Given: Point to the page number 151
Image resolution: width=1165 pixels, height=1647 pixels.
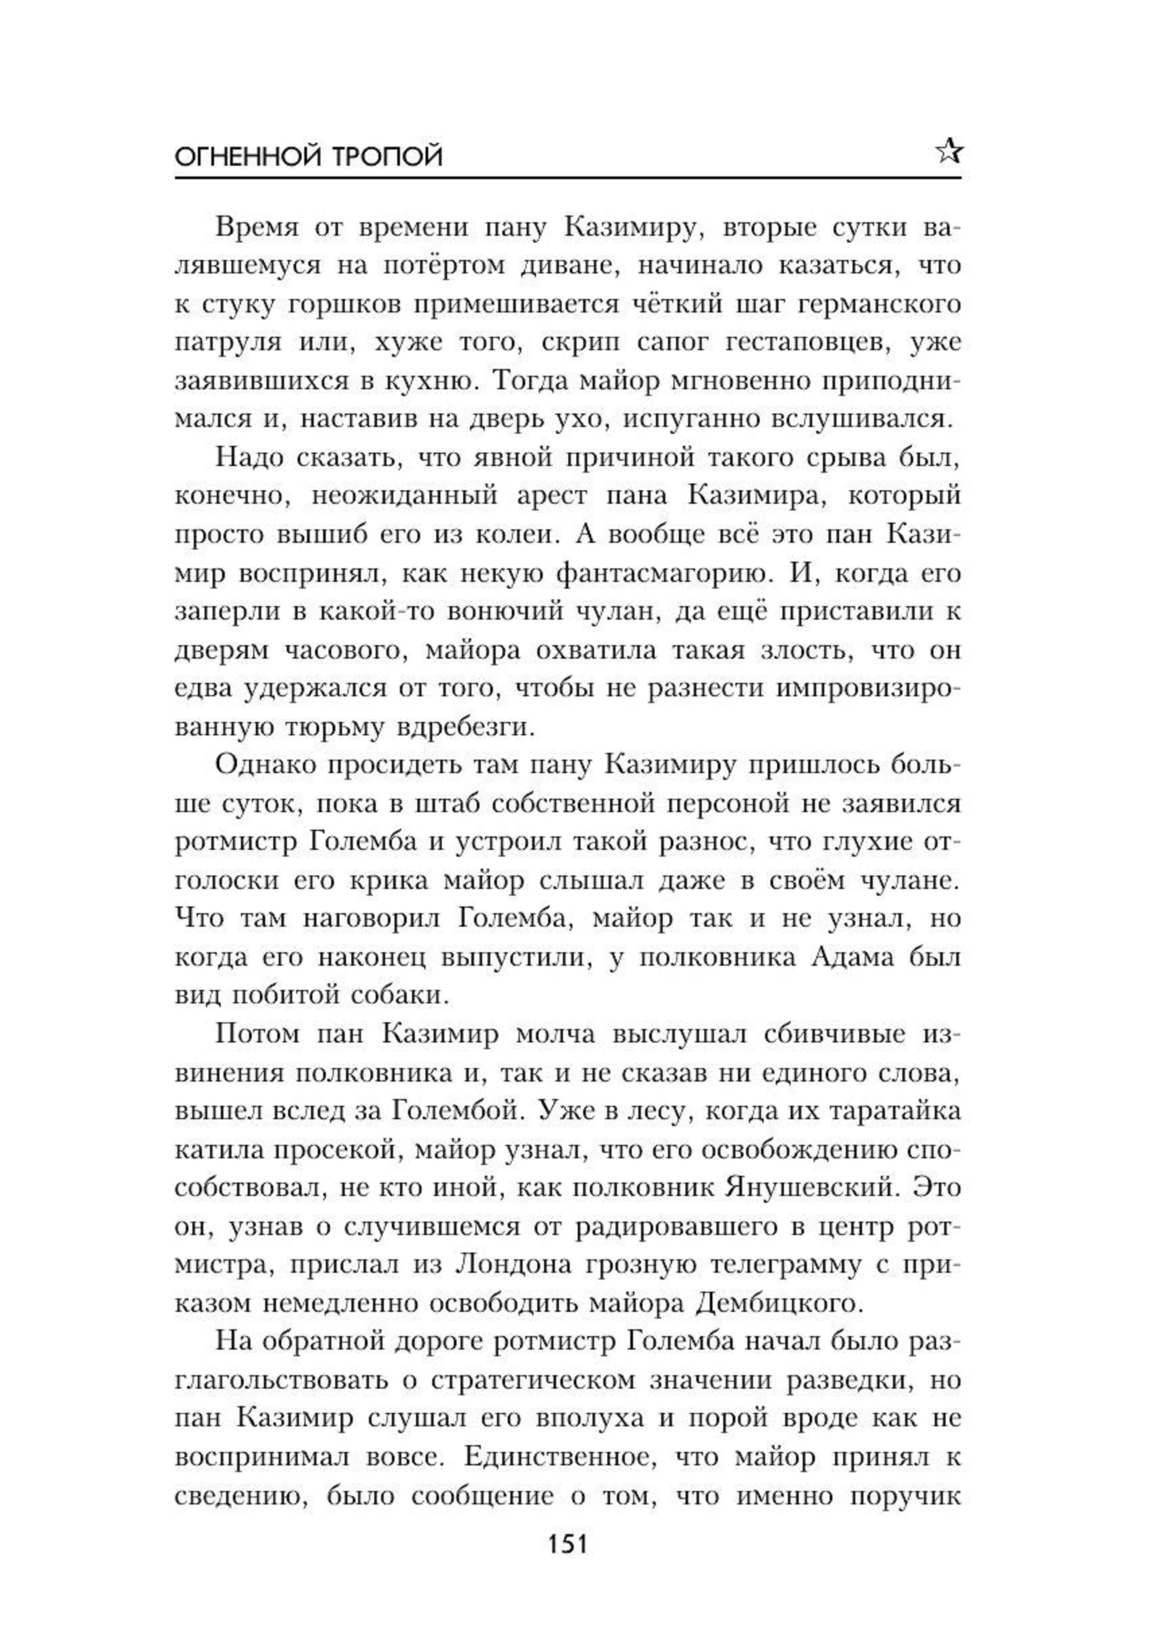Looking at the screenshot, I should tap(567, 1543).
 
